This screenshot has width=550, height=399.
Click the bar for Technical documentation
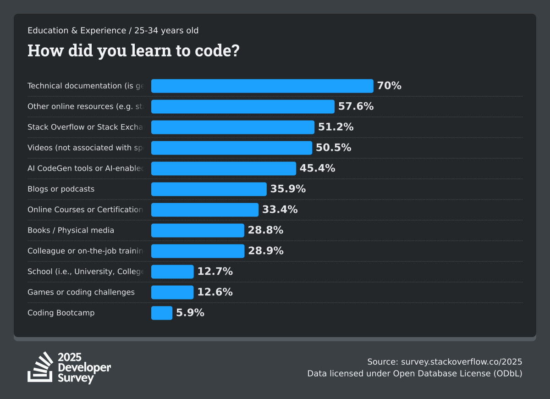(262, 86)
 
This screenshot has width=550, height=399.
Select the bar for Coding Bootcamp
(162, 313)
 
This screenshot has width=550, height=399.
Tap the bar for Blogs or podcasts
(209, 189)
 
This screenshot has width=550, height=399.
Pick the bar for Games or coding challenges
(172, 292)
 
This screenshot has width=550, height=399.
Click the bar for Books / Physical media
(198, 230)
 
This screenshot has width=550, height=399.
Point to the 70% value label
(389, 86)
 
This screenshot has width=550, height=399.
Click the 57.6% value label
(356, 106)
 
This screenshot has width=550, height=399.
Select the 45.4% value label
(317, 168)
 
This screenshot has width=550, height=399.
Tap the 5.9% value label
(190, 313)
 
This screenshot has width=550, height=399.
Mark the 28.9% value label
(265, 251)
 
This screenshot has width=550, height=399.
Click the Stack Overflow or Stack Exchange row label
(85, 127)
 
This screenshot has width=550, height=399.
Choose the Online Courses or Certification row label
(85, 210)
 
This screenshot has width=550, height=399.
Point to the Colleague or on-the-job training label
(85, 251)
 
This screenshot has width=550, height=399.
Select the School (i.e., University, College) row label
(85, 272)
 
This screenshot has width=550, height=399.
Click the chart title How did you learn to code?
(133, 50)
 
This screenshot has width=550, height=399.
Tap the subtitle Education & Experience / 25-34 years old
(113, 31)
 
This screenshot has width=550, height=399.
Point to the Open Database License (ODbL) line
(415, 373)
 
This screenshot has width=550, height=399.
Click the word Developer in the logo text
(84, 368)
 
